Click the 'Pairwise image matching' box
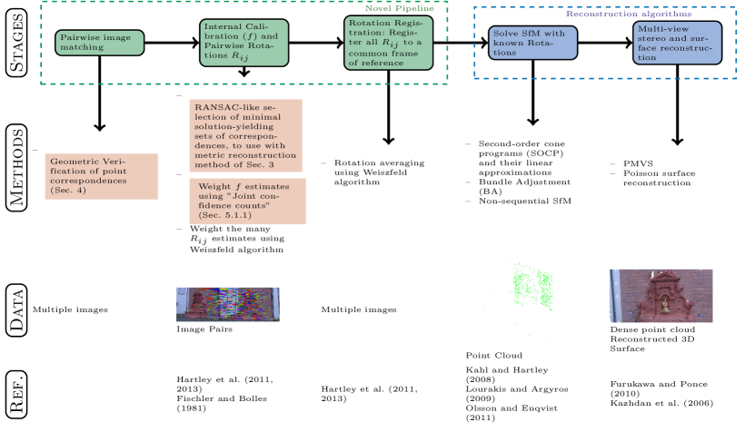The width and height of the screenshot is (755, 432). tap(99, 43)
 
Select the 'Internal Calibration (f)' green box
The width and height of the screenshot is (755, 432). tap(243, 43)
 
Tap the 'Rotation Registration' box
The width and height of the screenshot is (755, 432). tap(388, 43)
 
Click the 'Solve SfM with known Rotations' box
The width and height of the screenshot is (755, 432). tap(532, 43)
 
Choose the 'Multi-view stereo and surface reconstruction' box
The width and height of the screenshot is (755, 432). tap(677, 43)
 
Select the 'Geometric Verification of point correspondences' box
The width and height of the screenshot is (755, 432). tap(102, 176)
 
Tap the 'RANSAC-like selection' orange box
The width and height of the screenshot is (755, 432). tap(245, 135)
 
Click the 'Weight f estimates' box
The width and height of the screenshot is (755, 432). tap(247, 201)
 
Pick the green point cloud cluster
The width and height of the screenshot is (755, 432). tap(532, 286)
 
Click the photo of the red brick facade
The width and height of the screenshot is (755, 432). tap(661, 296)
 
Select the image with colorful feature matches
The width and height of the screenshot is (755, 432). tap(228, 305)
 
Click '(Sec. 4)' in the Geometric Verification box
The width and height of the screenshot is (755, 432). tap(68, 190)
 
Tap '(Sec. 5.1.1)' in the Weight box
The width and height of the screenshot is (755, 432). tap(224, 216)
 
